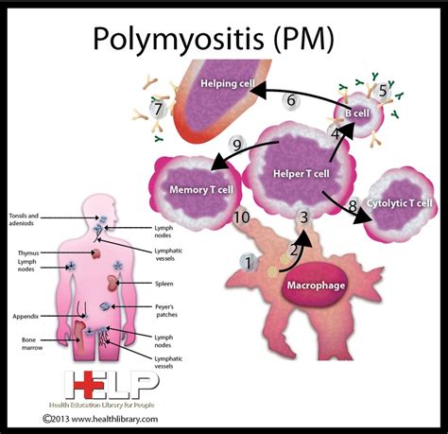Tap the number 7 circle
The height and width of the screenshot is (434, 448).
[x=160, y=110]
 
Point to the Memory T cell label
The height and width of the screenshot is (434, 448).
[x=200, y=189]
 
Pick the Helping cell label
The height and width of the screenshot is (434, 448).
[x=227, y=84]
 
